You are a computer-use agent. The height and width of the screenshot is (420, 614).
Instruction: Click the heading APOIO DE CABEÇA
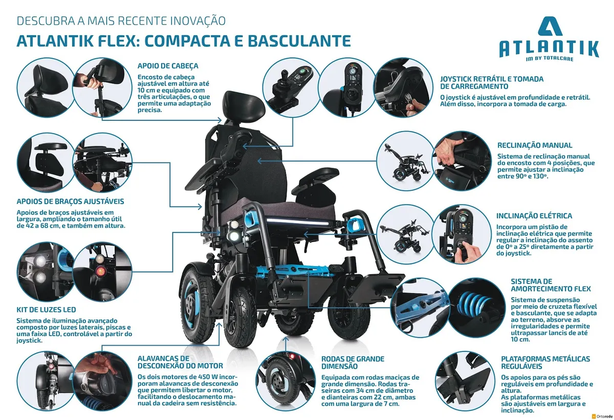coord(168,66)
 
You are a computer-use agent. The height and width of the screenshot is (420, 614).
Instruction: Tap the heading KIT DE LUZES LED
coord(47,310)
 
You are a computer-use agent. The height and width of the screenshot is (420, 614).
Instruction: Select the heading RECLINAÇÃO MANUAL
coord(535,145)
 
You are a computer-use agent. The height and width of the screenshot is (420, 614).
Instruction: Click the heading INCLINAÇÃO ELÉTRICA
coord(534,216)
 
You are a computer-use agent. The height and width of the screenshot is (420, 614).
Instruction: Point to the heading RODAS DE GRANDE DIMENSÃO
coord(353,363)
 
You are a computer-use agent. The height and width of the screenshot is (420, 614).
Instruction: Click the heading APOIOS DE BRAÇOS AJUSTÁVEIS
coord(71,202)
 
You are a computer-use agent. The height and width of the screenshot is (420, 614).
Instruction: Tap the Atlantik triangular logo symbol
coord(550,26)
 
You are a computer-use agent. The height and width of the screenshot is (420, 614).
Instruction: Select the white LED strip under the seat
coord(297,222)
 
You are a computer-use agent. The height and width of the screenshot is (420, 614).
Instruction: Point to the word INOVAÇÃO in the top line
coord(198,21)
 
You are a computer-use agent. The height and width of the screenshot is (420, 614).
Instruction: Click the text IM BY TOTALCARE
coord(550,59)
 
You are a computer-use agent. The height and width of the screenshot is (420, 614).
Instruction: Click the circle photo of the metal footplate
coord(465,381)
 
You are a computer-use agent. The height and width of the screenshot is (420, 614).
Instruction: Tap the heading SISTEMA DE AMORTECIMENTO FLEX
coord(551,285)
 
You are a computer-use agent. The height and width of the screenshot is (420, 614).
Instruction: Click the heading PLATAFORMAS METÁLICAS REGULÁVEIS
coord(545,363)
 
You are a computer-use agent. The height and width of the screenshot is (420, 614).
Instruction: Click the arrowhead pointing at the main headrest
coord(220,120)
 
